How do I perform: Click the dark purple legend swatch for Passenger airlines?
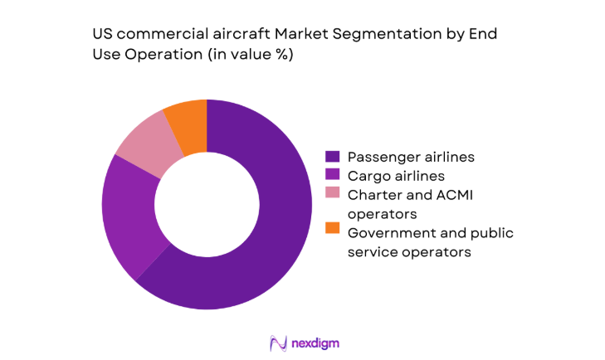[333, 156]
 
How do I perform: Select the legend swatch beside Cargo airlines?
[333, 176]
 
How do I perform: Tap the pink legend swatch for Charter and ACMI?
[333, 195]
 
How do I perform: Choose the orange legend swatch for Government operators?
[333, 233]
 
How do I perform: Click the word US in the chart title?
[102, 35]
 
